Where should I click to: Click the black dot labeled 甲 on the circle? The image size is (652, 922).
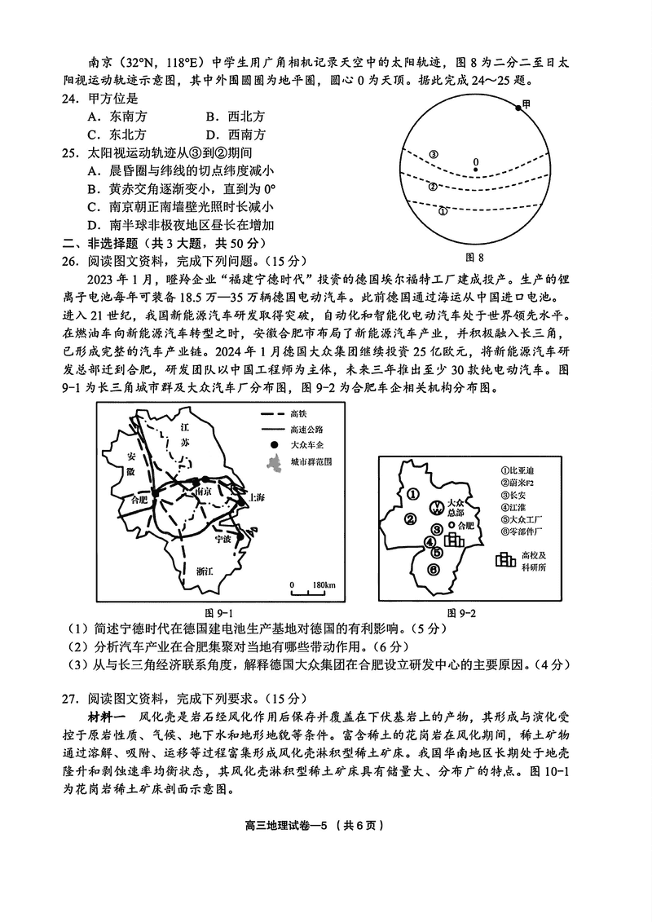(x=517, y=107)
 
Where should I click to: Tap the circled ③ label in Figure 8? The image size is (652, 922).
(x=434, y=154)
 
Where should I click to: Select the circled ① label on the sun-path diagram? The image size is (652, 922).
(x=443, y=210)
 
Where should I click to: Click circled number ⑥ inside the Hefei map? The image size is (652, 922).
(x=434, y=568)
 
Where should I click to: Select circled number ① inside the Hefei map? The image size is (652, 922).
(x=413, y=493)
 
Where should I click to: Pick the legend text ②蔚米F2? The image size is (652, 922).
(x=519, y=483)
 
